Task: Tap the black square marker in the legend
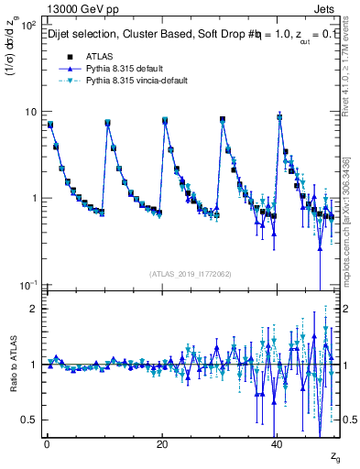point(64,56)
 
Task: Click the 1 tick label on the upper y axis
point(31,199)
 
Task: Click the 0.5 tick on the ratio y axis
point(27,420)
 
